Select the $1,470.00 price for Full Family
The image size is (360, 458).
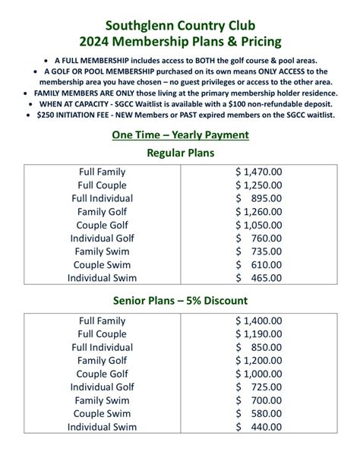258,172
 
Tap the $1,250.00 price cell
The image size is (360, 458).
258,185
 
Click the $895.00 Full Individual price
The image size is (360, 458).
258,198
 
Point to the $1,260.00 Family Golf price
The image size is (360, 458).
258,212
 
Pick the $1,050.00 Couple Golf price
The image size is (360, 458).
258,226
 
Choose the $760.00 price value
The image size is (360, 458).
258,238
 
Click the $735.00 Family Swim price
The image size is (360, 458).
258,252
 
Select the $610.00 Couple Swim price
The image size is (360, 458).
258,265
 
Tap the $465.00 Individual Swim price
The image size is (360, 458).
258,278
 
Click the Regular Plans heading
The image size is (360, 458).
180,153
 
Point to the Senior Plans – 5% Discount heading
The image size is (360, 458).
180,300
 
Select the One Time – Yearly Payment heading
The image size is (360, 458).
180,134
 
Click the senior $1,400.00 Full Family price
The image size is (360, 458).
258,321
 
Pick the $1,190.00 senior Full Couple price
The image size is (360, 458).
258,334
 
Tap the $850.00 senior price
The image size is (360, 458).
258,347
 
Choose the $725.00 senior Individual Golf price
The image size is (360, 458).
258,387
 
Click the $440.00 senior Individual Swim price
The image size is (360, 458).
258,427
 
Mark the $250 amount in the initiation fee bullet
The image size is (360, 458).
47,115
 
